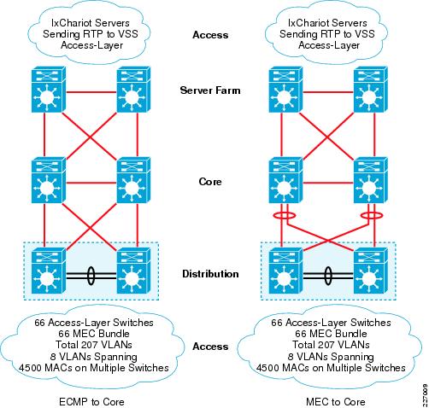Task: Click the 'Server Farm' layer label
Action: [x=210, y=90]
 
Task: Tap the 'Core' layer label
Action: [x=210, y=182]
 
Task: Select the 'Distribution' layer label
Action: [x=210, y=274]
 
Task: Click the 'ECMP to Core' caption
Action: [x=91, y=402]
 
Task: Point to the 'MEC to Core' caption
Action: [x=336, y=402]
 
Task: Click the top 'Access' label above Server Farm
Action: [x=210, y=35]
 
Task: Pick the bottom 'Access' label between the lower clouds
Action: [x=210, y=347]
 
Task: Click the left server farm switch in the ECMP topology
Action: [x=49, y=90]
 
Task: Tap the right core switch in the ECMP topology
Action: [x=134, y=180]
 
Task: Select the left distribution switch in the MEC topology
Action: [x=285, y=271]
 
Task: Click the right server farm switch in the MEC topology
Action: [x=371, y=90]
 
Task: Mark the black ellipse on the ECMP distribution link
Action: [x=91, y=276]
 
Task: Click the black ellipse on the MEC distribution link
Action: [x=328, y=276]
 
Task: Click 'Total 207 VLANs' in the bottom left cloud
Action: [x=94, y=345]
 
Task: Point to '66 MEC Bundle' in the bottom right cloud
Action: [x=331, y=334]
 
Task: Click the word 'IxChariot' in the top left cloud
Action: [x=71, y=23]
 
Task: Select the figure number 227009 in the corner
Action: [x=425, y=395]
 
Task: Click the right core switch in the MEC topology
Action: [x=371, y=180]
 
